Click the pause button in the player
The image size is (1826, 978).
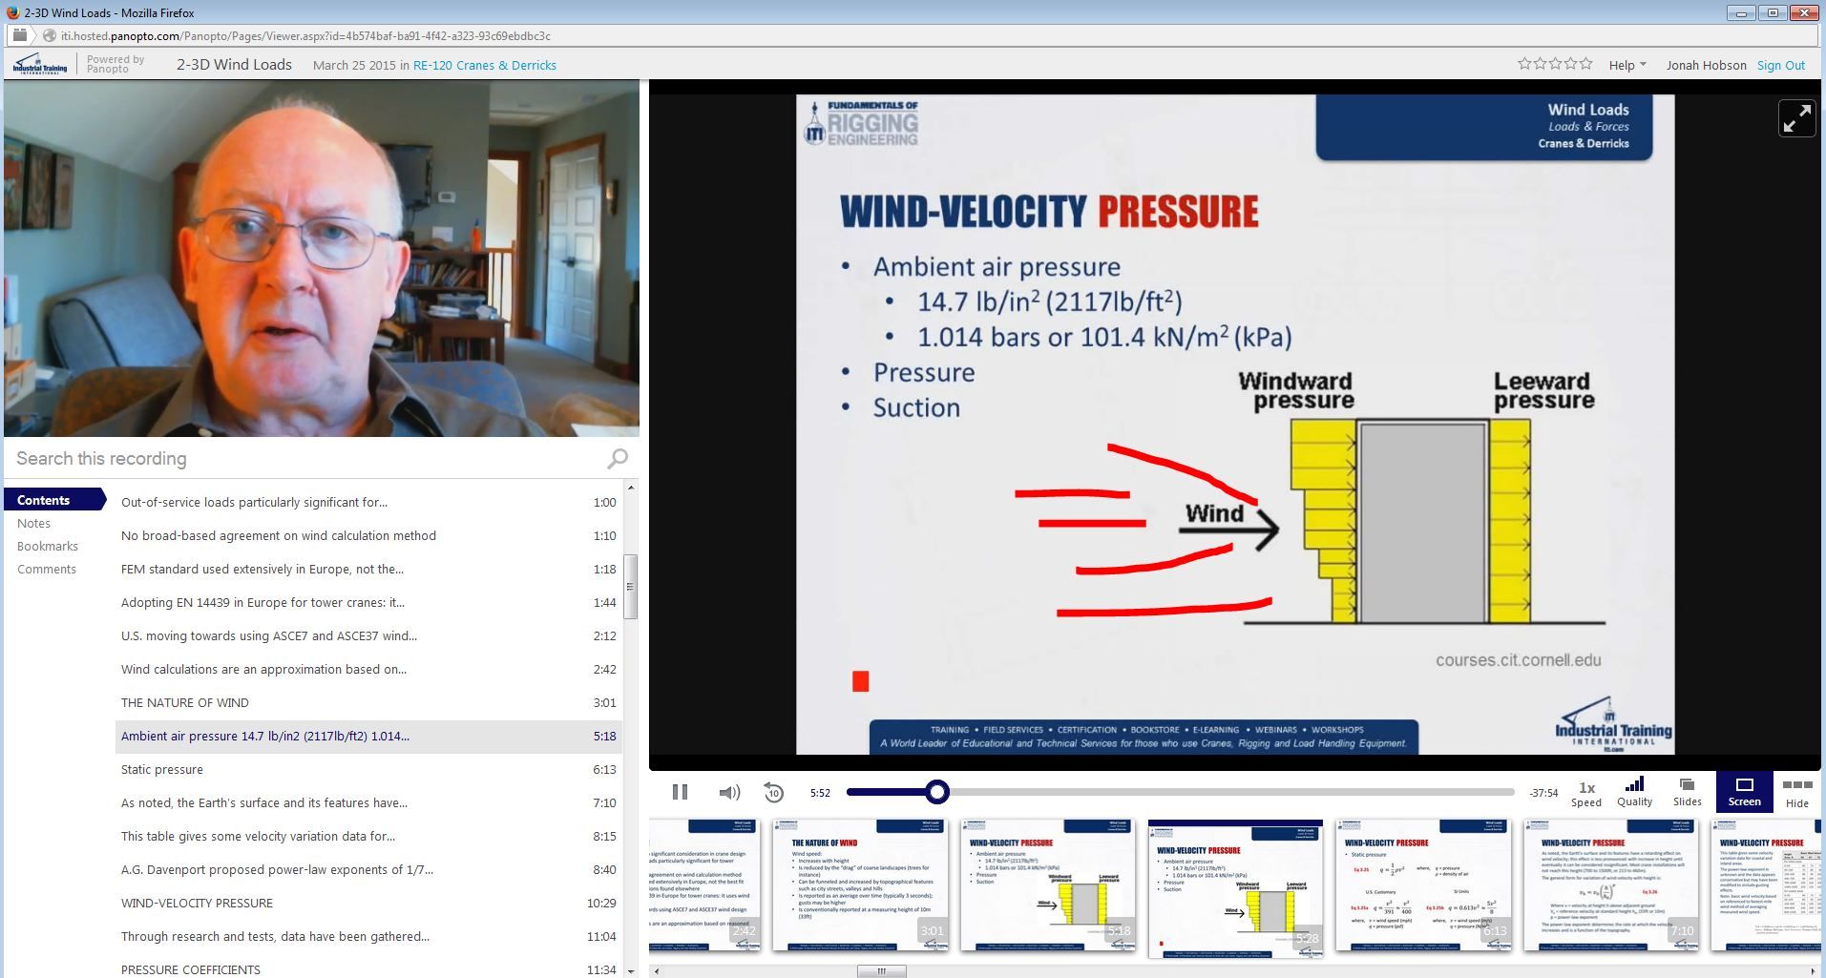[680, 792]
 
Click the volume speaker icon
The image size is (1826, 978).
[729, 792]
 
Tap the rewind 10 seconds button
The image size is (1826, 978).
[773, 792]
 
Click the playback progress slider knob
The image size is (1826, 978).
[937, 792]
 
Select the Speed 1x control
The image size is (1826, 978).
[1586, 793]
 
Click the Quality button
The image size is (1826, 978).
[1634, 792]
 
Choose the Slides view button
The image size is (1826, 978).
[1687, 792]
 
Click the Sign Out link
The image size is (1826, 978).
[1780, 65]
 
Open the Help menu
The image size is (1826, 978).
[1627, 65]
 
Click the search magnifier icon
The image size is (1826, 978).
[618, 459]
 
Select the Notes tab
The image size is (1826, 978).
[33, 523]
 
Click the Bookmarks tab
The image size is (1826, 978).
[48, 546]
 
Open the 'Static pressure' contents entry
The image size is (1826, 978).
[162, 769]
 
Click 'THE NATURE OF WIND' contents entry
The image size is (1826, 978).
[185, 702]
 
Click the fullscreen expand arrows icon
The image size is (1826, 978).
[1796, 118]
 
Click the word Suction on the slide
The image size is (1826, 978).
[916, 407]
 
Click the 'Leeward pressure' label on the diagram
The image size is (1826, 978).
[1543, 390]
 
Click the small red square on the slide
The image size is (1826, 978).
[860, 680]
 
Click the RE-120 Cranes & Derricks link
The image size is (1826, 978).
[484, 65]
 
